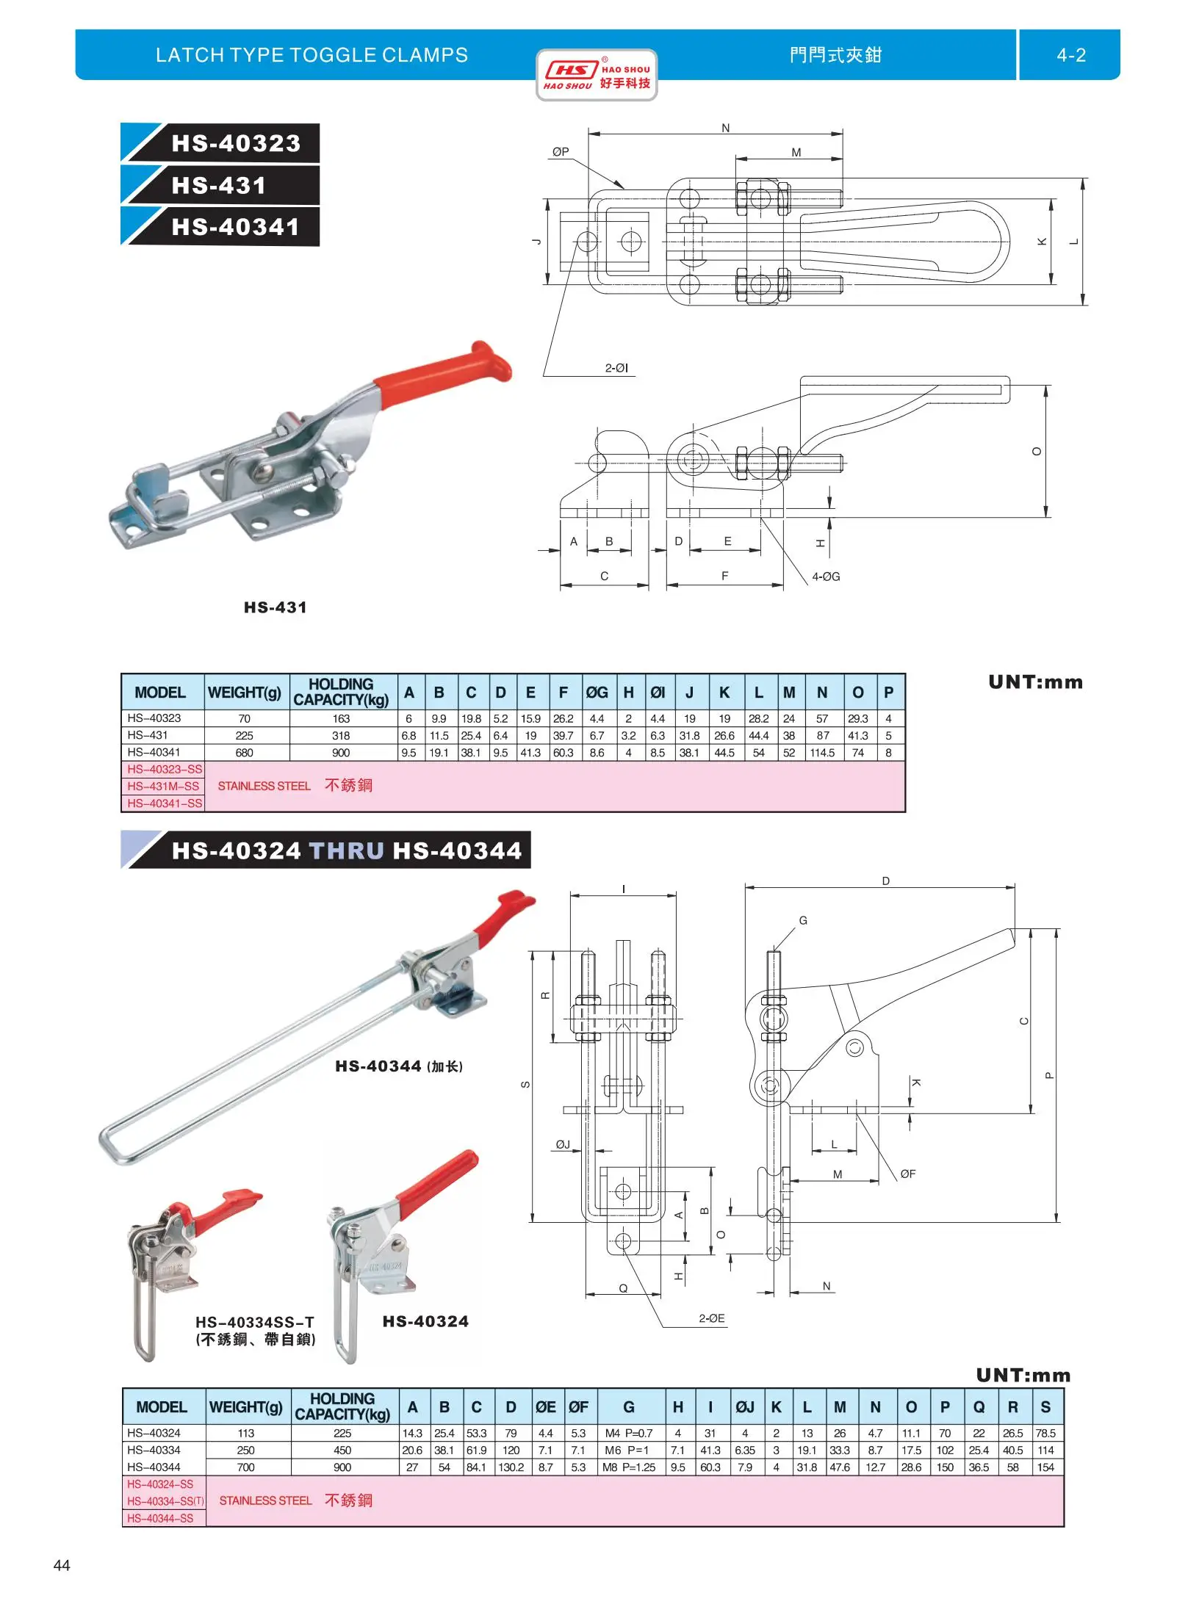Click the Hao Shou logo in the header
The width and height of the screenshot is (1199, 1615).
coord(596,75)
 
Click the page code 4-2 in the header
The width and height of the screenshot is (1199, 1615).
coord(1070,55)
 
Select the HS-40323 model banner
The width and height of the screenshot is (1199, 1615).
coord(235,143)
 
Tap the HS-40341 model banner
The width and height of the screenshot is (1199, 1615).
coord(235,227)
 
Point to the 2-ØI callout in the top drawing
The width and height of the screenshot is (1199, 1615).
coord(616,368)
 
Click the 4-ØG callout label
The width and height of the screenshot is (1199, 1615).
coord(826,577)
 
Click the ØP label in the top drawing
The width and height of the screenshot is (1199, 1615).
coord(561,152)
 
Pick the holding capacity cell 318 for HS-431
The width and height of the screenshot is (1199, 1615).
coord(341,735)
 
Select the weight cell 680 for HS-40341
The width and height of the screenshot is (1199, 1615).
coord(244,752)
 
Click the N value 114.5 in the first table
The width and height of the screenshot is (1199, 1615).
coord(822,752)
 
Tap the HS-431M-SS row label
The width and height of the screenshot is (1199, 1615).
coord(163,786)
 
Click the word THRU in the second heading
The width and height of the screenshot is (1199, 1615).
coord(347,850)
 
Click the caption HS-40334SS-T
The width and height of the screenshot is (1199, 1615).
coord(254,1322)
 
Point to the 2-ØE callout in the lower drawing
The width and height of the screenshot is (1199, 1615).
coord(711,1318)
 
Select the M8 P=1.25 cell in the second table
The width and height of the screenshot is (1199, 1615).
coord(629,1467)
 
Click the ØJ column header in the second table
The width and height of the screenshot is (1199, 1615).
coord(745,1407)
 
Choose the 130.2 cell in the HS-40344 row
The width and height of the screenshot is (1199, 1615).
coord(511,1467)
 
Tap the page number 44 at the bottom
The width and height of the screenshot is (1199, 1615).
coord(62,1565)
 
